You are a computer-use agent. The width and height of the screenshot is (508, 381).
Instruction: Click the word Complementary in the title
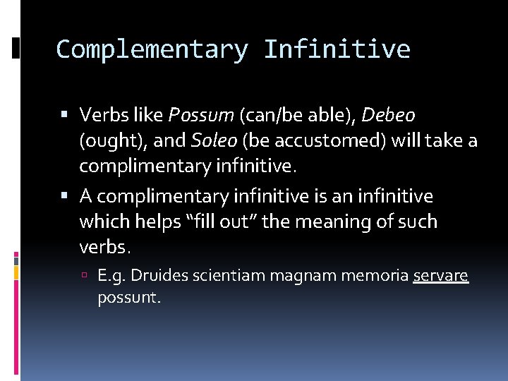[x=152, y=49]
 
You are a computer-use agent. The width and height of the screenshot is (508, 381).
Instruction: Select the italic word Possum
[x=202, y=114]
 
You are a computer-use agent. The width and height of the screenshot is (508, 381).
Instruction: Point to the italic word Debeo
[x=389, y=114]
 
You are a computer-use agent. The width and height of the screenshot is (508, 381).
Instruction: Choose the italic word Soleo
[x=214, y=140]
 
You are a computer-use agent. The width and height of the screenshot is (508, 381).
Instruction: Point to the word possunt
[x=130, y=298]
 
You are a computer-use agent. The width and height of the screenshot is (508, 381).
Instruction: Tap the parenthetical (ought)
[x=113, y=140]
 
